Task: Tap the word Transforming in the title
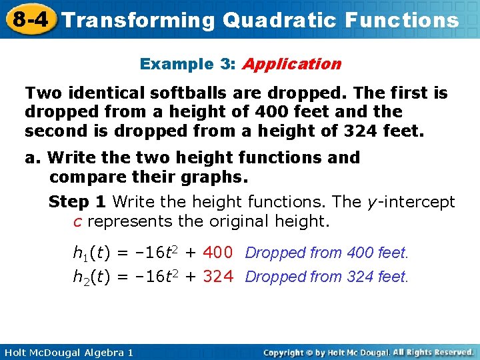coord(139,20)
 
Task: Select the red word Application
coord(292,64)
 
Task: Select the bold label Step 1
coord(79,202)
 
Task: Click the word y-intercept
coord(411,202)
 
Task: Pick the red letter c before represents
coord(77,221)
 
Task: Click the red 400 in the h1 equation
coord(217,253)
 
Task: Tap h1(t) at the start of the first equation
coord(91,253)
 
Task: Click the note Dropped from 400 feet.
coord(327,253)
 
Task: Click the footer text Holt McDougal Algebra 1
coord(67,352)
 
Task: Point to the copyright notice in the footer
coord(368,352)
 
